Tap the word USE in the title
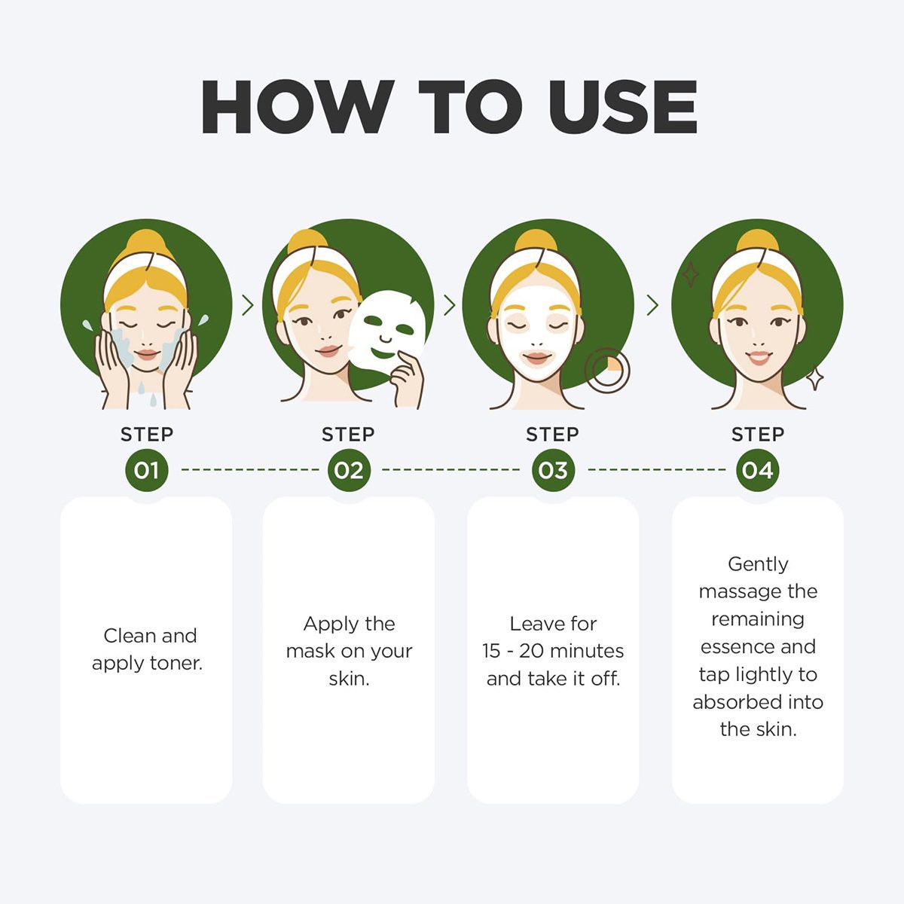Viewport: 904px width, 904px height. point(622,106)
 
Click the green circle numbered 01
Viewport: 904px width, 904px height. point(146,470)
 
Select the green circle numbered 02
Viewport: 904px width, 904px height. point(349,470)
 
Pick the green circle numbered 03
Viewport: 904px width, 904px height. point(553,470)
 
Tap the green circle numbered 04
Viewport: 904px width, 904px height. point(757,470)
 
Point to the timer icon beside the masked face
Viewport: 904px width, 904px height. point(607,370)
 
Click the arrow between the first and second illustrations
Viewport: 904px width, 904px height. point(248,305)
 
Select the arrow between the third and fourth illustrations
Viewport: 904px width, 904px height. point(652,305)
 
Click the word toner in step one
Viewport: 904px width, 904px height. point(176,664)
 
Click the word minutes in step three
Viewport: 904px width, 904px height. point(587,651)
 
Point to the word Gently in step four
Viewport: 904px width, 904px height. point(758,565)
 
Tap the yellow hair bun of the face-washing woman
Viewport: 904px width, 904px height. point(146,244)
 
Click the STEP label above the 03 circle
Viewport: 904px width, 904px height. point(553,435)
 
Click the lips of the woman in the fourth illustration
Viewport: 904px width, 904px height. point(758,358)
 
